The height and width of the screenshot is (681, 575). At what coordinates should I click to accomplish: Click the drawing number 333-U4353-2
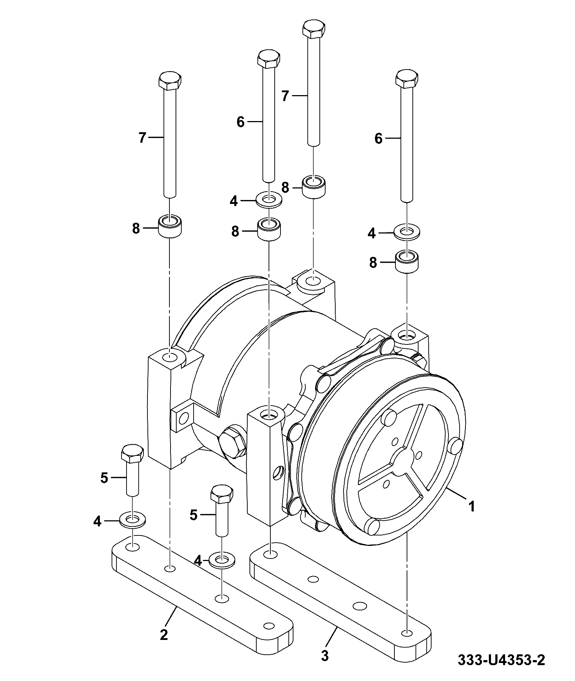tap(501, 660)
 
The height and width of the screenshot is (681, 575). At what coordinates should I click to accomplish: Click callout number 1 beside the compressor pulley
tap(471, 506)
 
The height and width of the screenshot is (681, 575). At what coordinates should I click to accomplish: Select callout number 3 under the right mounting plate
tap(325, 656)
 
